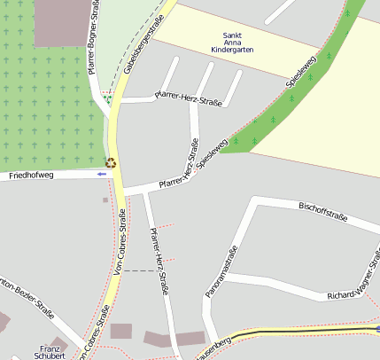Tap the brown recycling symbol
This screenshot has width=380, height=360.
(x=111, y=162)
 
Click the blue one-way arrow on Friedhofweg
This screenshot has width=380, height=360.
(x=102, y=174)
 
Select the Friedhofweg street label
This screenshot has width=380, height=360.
(x=31, y=176)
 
